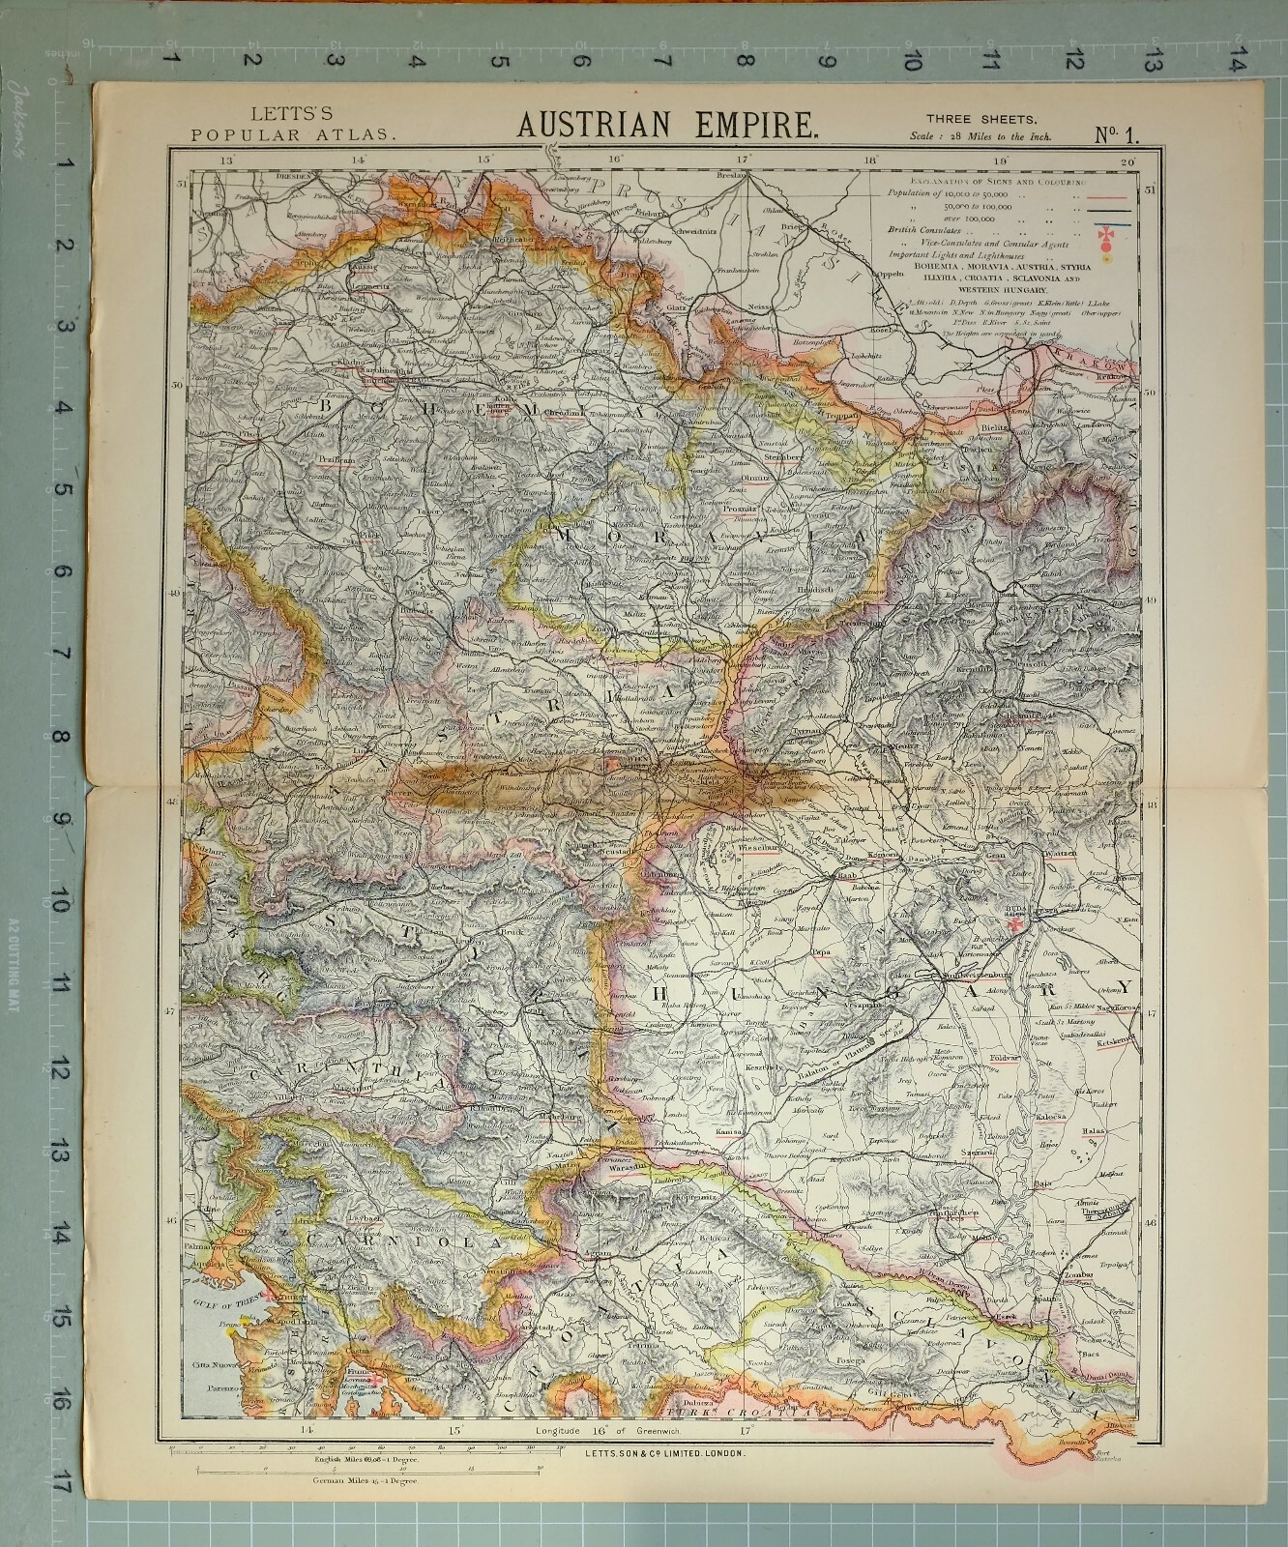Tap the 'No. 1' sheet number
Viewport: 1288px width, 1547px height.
[x=1116, y=134]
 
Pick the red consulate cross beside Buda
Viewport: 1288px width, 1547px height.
[x=1014, y=925]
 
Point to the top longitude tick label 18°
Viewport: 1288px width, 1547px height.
[x=870, y=161]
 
